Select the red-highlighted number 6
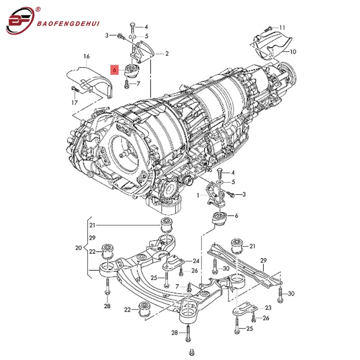115,70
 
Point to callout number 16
86,56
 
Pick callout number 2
166,54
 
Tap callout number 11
282,27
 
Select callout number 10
292,52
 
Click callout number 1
198,195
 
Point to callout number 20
78,247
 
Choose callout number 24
196,261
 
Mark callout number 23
268,308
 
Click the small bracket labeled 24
175,261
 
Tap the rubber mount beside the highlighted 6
132,71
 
